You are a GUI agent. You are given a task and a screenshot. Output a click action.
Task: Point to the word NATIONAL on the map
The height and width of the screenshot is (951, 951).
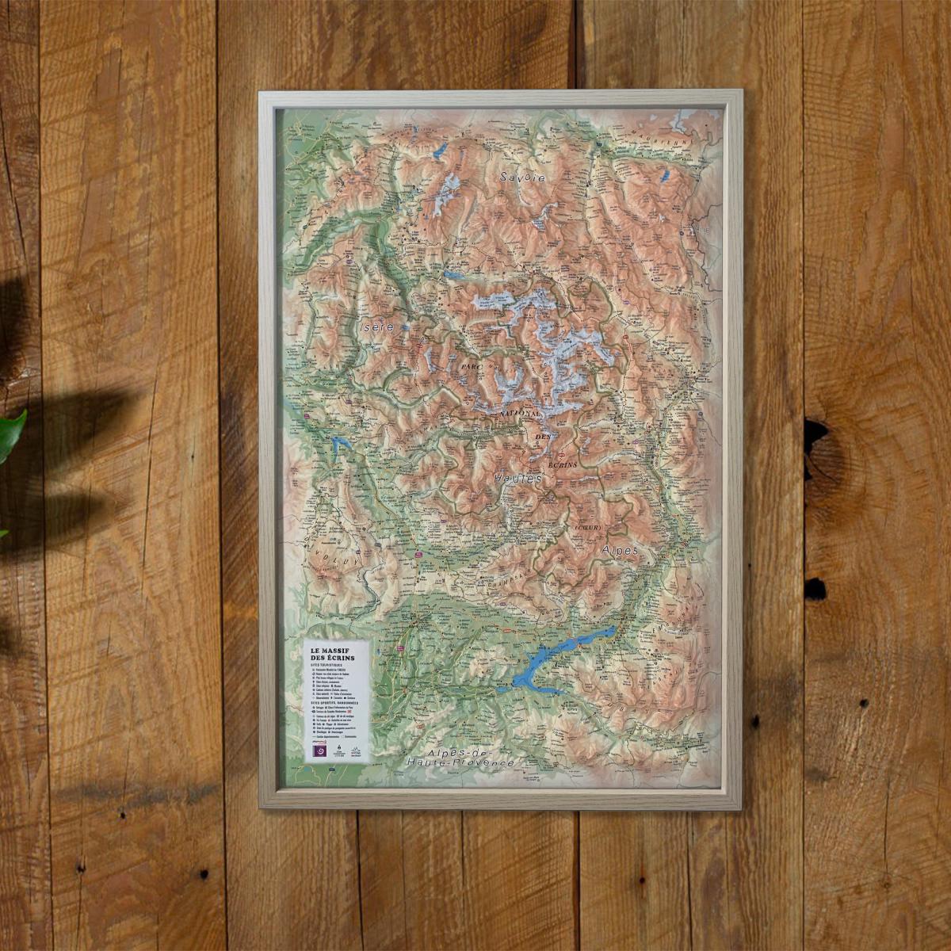pos(521,414)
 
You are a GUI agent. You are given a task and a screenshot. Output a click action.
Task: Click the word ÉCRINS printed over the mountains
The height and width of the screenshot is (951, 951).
pos(562,463)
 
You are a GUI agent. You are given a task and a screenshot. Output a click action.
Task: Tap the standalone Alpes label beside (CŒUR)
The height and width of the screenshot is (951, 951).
pos(620,549)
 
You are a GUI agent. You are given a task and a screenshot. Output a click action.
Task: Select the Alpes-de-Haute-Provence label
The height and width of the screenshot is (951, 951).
pos(459,757)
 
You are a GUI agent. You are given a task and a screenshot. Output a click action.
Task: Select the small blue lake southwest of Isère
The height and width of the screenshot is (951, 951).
pos(342,444)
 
